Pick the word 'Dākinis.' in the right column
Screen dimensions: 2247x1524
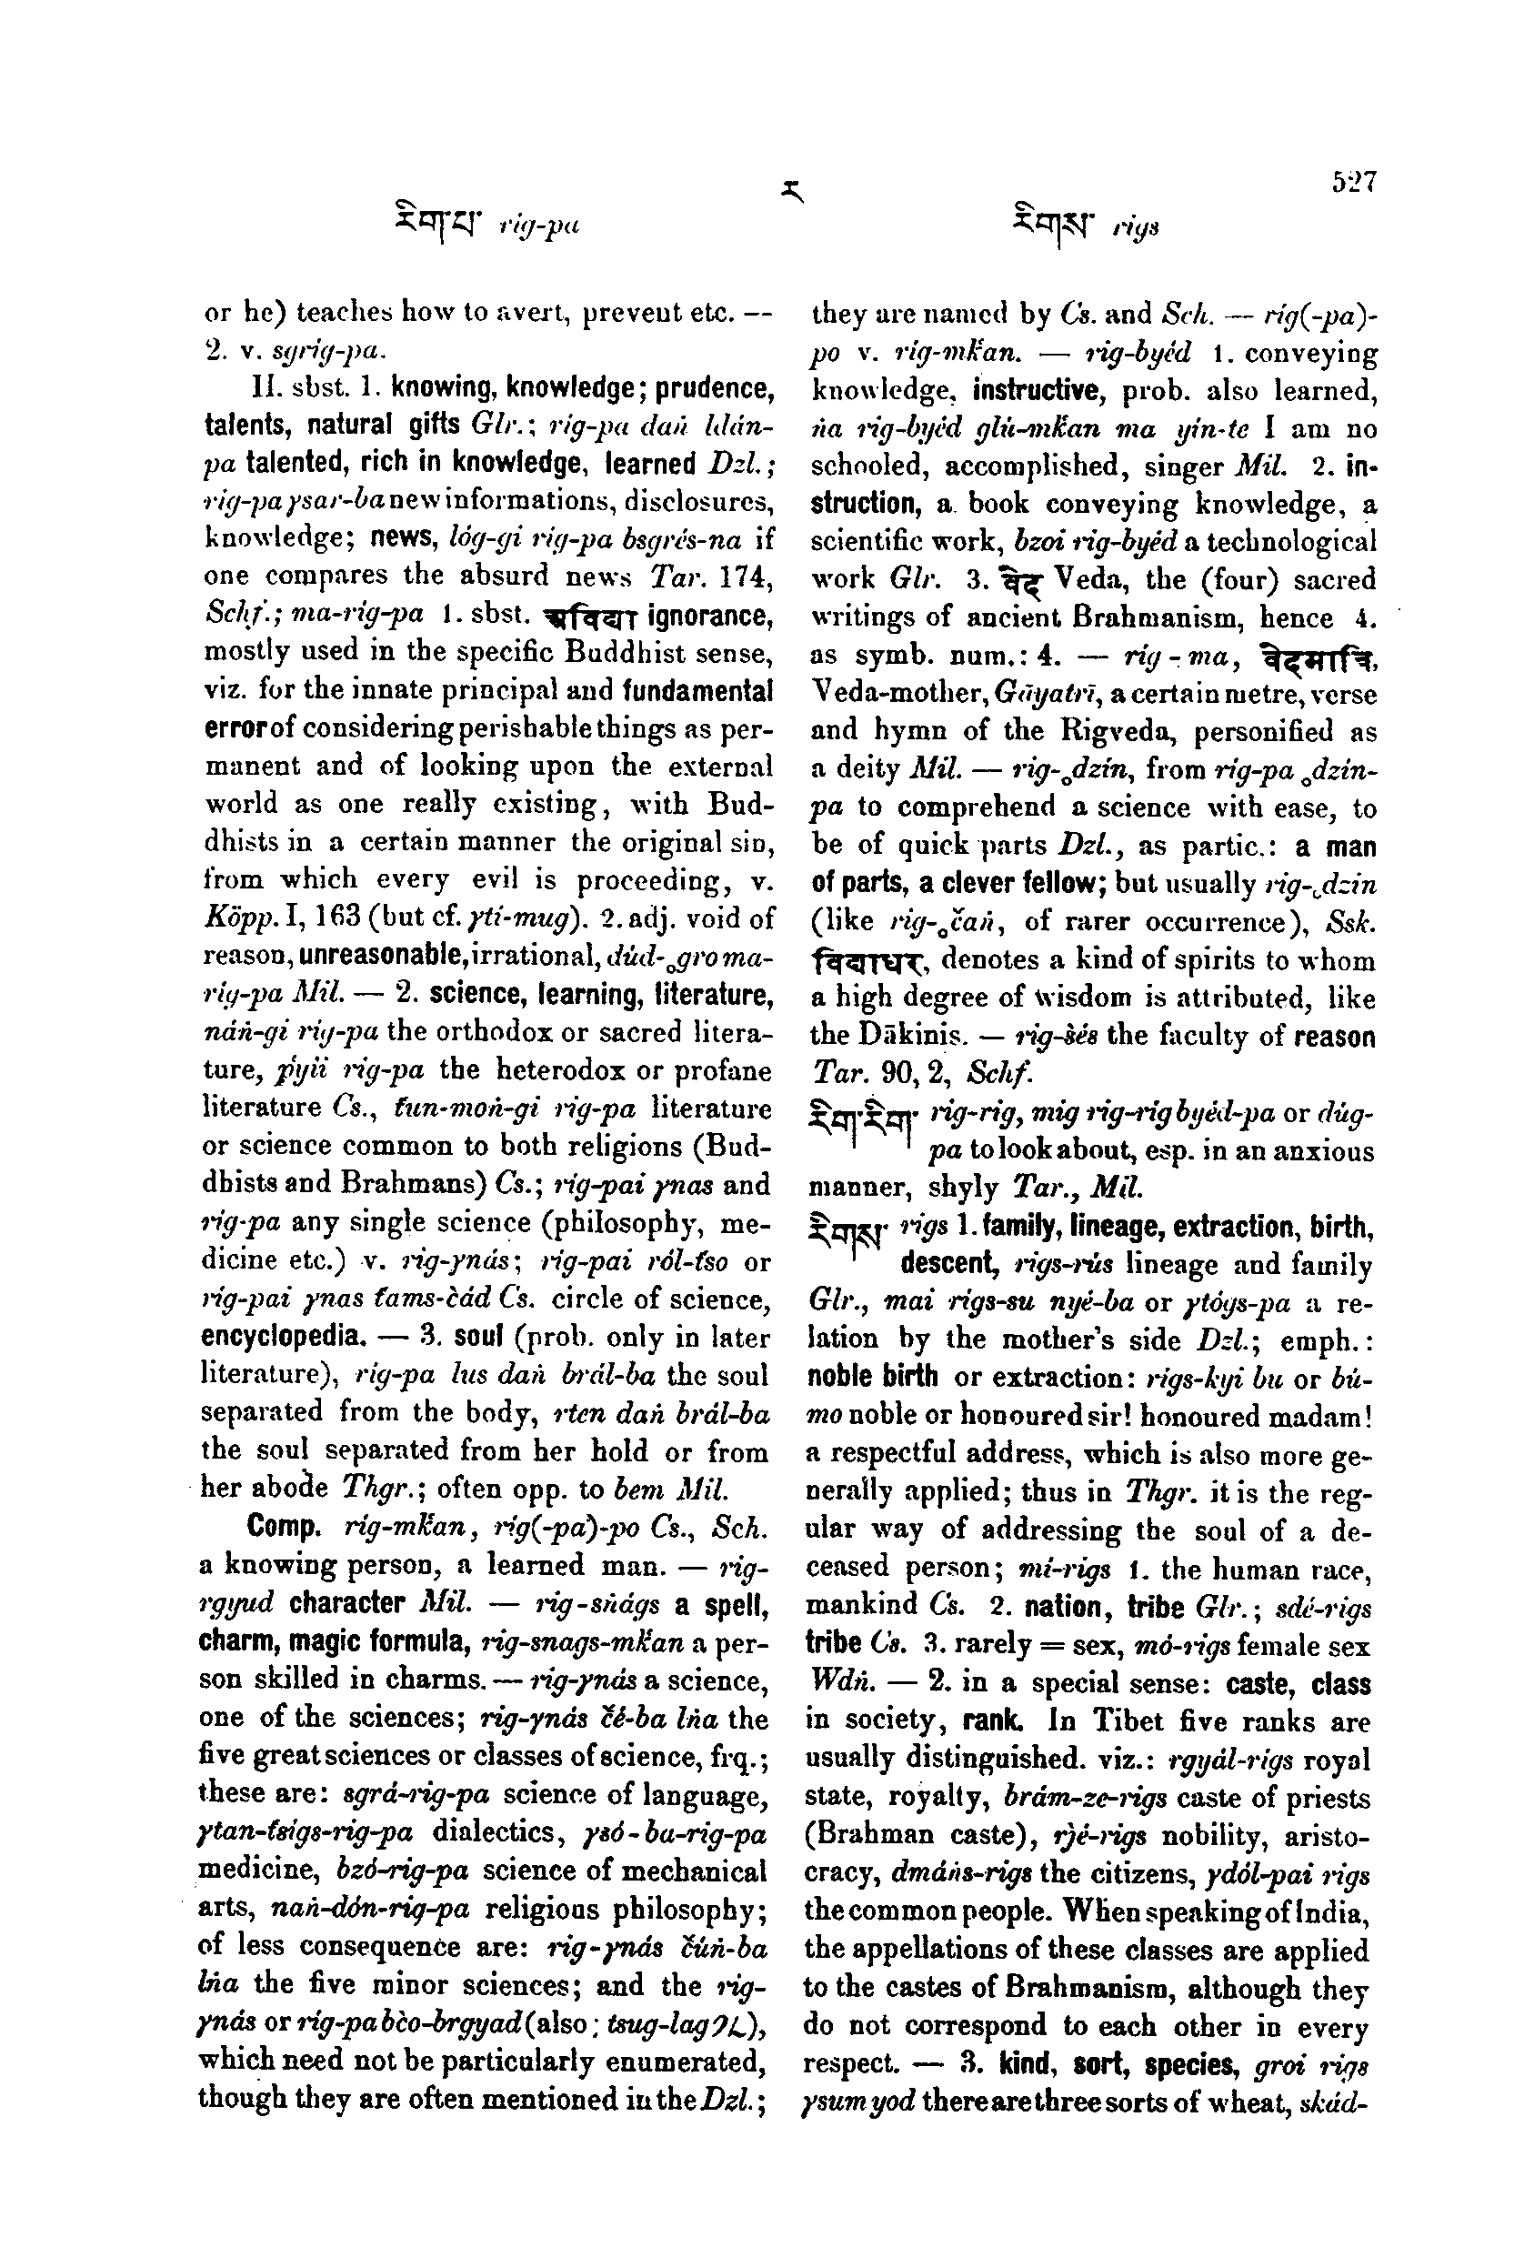[x=910, y=1036]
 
